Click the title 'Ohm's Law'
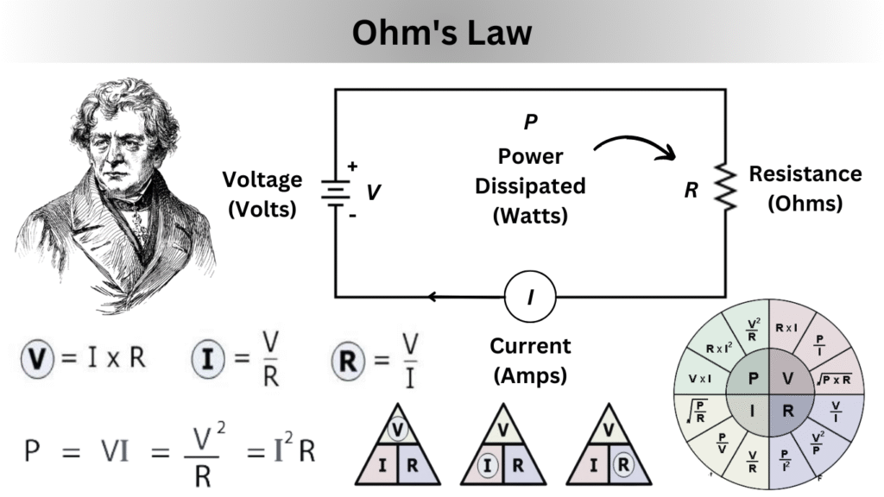pos(441,33)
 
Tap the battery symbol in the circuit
pos(334,192)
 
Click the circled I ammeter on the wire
pos(530,298)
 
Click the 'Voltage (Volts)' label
pos(262,192)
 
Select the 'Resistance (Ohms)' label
pos(805,188)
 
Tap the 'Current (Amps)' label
pos(530,360)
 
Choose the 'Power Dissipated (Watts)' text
pos(530,186)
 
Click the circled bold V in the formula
pos(39,358)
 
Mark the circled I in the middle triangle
pos(489,466)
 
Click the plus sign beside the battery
pos(352,167)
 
